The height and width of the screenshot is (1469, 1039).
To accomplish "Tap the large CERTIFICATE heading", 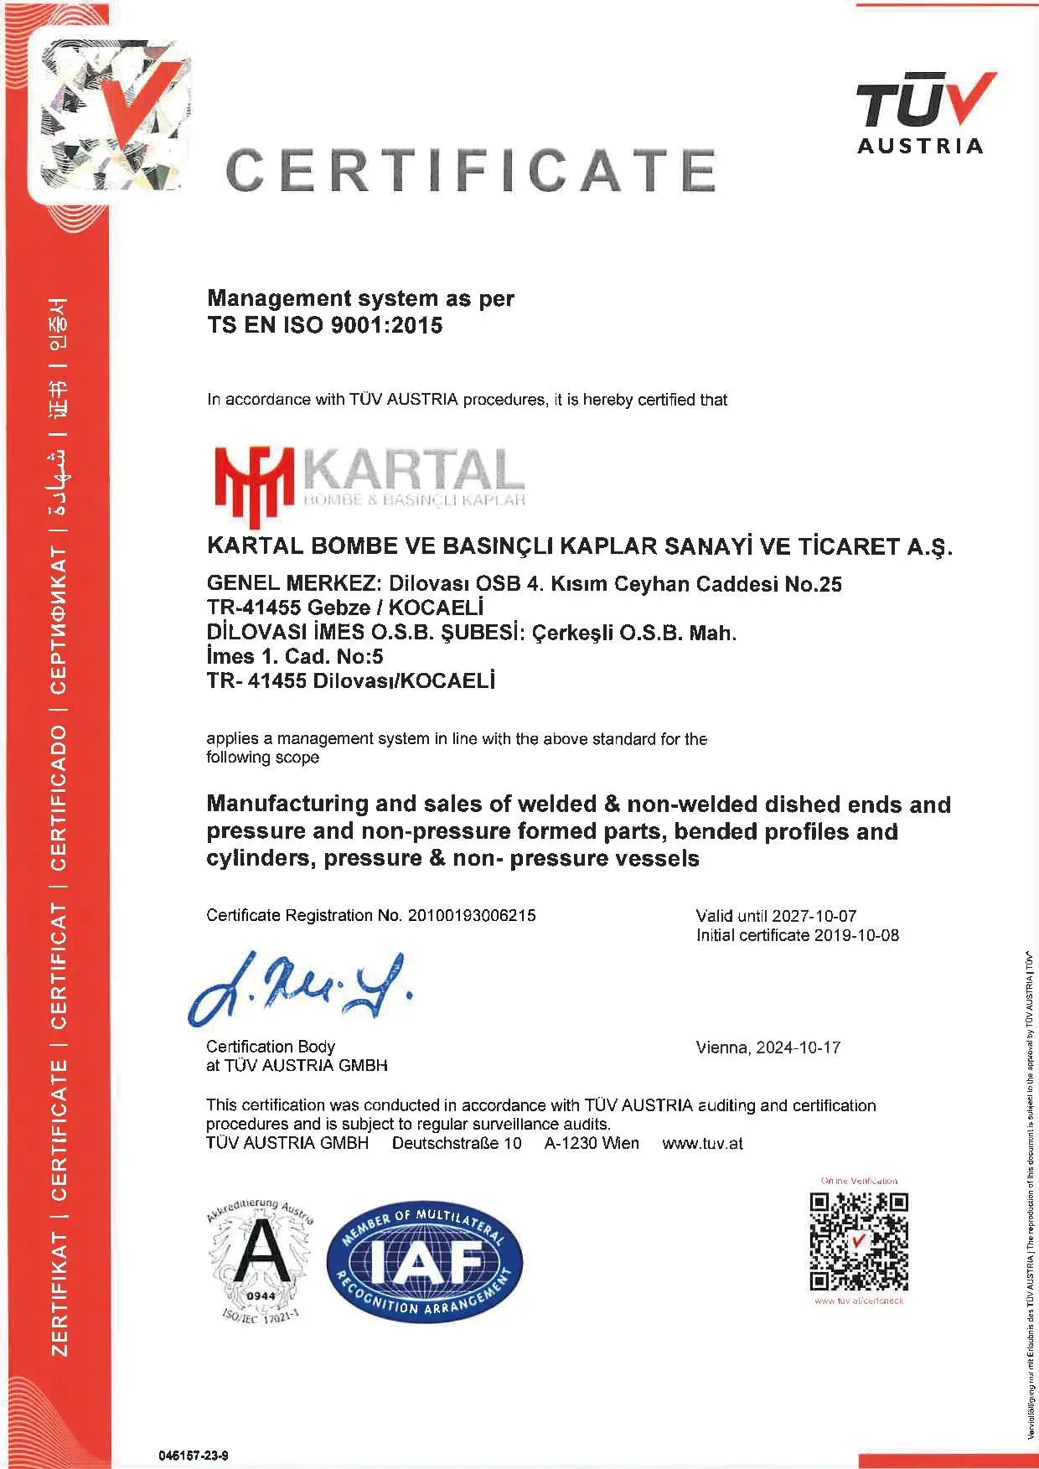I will coord(471,170).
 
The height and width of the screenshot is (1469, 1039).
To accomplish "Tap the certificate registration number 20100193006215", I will coord(471,915).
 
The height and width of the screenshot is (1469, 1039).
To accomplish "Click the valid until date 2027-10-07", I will coord(814,916).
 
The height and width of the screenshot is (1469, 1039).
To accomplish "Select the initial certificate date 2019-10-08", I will coord(855,935).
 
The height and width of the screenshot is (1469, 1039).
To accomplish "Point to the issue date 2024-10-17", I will coord(798,1047).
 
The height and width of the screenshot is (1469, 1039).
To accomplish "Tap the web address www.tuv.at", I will coord(702,1143).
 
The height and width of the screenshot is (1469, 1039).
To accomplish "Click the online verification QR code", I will coord(859,1241).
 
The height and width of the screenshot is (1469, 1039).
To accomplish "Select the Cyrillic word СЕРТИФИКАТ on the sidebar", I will coord(59,621).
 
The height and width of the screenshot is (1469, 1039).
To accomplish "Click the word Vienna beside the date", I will coord(722,1047).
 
